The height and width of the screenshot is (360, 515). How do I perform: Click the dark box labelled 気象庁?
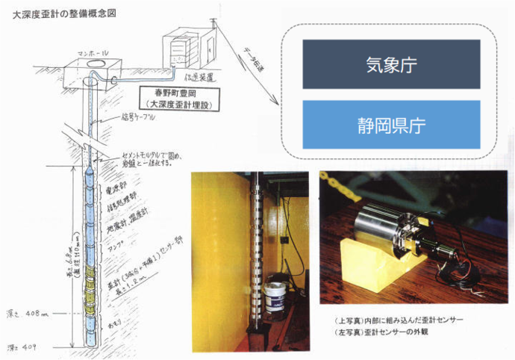(391, 64)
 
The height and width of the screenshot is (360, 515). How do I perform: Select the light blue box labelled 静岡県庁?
(391, 123)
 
